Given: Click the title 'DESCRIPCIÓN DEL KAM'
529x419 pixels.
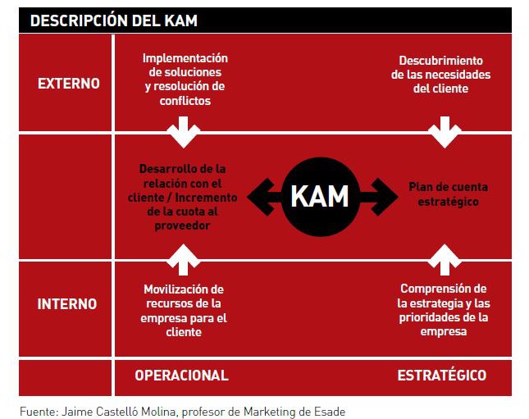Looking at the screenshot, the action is pyautogui.click(x=114, y=20).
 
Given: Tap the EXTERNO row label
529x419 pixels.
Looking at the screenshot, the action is pyautogui.click(x=69, y=84).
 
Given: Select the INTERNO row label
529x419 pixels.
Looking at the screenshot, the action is pyautogui.click(x=67, y=304).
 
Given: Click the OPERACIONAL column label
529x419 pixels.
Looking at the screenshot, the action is pyautogui.click(x=181, y=376).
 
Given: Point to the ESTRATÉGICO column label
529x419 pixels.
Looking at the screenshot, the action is pyautogui.click(x=442, y=375).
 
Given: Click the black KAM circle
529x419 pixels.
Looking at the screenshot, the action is pyautogui.click(x=320, y=197).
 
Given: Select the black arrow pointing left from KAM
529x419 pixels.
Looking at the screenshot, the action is pyautogui.click(x=265, y=197).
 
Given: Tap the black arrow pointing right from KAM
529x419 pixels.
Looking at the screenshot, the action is pyautogui.click(x=379, y=197).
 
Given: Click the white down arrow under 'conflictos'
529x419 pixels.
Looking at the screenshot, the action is pyautogui.click(x=183, y=132).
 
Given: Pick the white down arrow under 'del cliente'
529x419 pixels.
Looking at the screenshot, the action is pyautogui.click(x=445, y=132).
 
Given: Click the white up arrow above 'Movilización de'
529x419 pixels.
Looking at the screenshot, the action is pyautogui.click(x=183, y=259).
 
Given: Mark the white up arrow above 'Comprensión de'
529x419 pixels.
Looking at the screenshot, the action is pyautogui.click(x=445, y=259).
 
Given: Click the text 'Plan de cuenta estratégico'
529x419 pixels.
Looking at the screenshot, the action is pyautogui.click(x=448, y=194).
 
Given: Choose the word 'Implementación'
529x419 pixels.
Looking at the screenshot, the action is pyautogui.click(x=185, y=58).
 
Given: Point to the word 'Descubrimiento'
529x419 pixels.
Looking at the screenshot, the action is pyautogui.click(x=441, y=61).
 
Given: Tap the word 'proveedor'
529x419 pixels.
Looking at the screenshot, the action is pyautogui.click(x=182, y=225).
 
